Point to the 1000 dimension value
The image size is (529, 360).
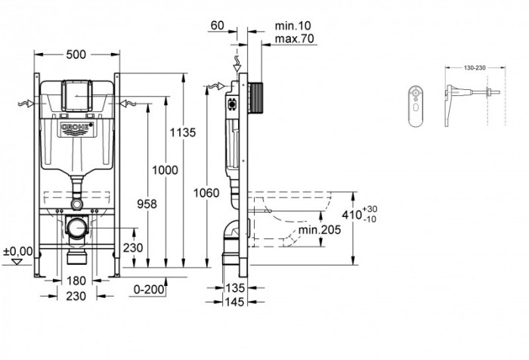pyautogui.click(x=166, y=171)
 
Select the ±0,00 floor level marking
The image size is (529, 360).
pyautogui.click(x=17, y=251)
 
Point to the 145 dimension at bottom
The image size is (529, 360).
pyautogui.click(x=235, y=300)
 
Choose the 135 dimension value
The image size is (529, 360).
pyautogui.click(x=235, y=288)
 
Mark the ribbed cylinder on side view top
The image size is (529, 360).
pyautogui.click(x=256, y=96)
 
